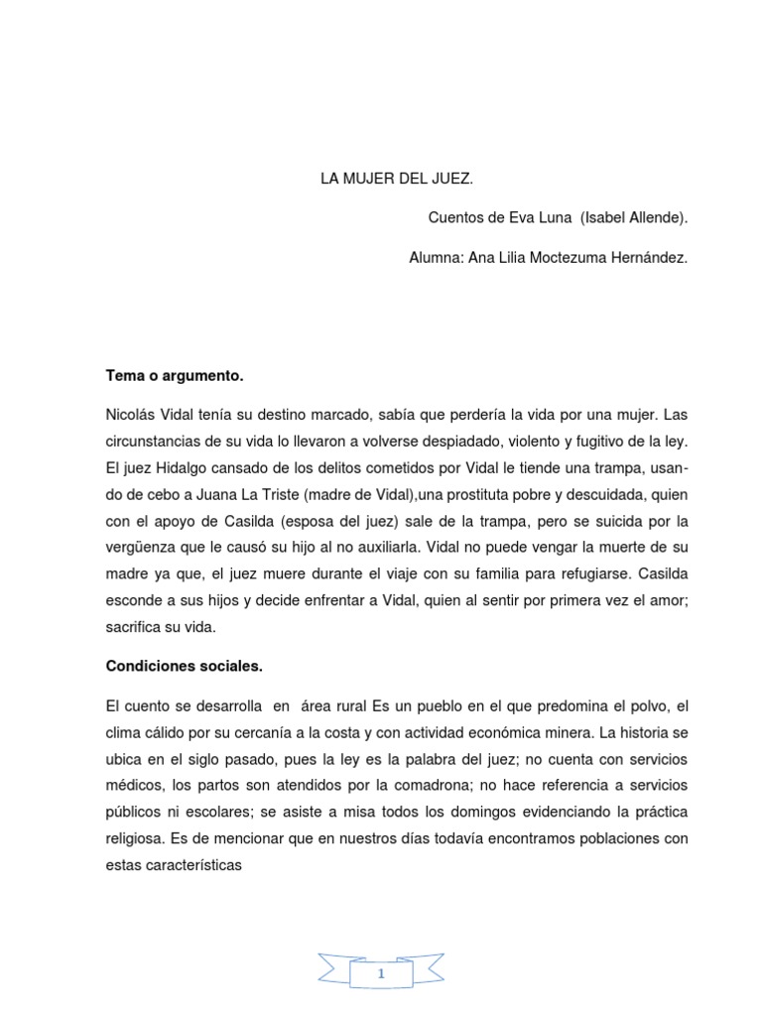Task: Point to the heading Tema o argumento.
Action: point(174,376)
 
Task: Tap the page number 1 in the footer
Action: point(381,949)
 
